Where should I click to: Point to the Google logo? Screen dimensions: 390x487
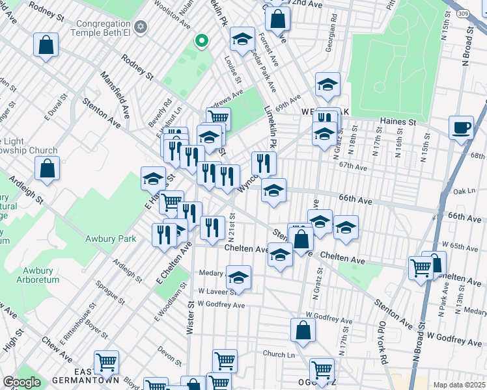(x=21, y=382)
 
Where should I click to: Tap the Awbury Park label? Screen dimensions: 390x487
(x=111, y=239)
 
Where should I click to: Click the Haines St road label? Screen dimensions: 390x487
(x=398, y=122)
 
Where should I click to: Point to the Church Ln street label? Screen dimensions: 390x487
(x=278, y=354)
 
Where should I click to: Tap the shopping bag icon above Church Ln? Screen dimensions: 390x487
(x=303, y=330)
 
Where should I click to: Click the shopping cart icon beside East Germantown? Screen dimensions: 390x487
(x=106, y=362)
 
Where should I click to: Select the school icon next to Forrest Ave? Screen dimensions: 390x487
(x=242, y=40)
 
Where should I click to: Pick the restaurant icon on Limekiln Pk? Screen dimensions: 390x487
(x=264, y=162)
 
